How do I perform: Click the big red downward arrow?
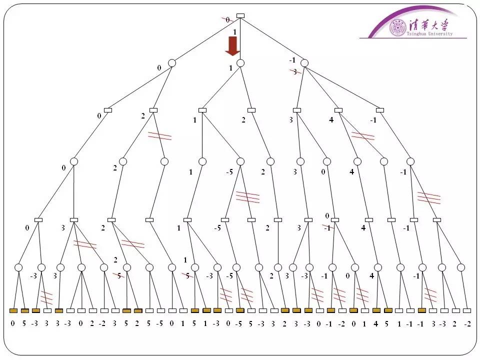(232, 45)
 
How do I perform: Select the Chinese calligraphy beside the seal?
(430, 24)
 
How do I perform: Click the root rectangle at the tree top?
(240, 15)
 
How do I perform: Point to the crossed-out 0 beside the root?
(227, 20)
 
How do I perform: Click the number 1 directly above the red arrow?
(234, 31)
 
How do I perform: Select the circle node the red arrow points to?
(240, 63)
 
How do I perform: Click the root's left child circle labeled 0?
(172, 63)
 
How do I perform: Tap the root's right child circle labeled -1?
(304, 63)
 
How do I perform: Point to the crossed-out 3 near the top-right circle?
(295, 72)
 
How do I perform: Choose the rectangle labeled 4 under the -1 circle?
(338, 110)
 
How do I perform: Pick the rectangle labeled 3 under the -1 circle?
(297, 110)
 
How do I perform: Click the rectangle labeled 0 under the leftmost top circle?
(107, 110)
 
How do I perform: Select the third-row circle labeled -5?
(240, 161)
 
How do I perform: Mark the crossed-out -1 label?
(326, 228)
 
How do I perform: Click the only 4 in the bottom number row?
(376, 323)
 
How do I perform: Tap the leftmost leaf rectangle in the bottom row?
(13, 310)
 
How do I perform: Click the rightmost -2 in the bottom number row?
(467, 323)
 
